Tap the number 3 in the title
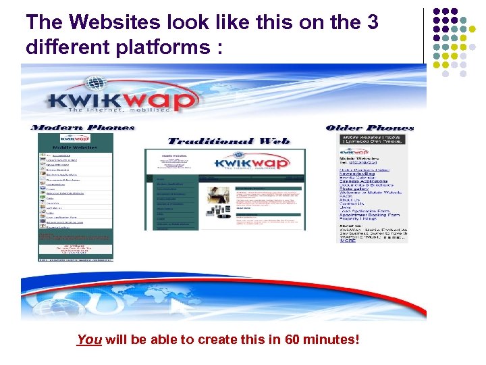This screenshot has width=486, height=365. click(x=372, y=22)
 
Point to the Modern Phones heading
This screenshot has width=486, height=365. click(x=83, y=127)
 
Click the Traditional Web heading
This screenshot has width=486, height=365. click(x=228, y=141)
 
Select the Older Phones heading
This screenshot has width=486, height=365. click(x=369, y=127)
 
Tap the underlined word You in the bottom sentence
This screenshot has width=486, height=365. click(x=88, y=339)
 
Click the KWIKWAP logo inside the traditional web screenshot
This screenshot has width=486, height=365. click(x=259, y=164)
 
